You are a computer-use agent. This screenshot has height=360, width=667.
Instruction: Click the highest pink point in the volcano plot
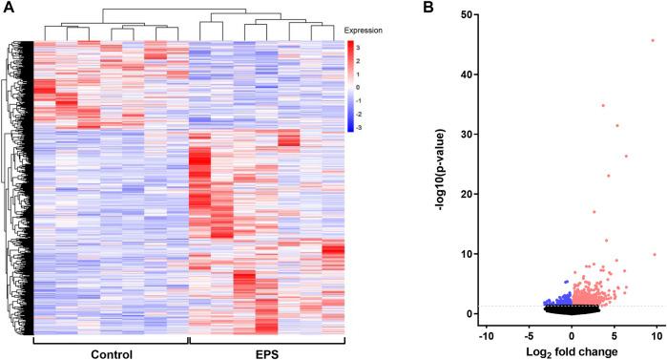pos(654,40)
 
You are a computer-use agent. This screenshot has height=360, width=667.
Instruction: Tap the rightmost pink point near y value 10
pos(654,254)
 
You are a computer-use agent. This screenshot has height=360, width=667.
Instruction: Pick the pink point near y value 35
pos(603,105)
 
